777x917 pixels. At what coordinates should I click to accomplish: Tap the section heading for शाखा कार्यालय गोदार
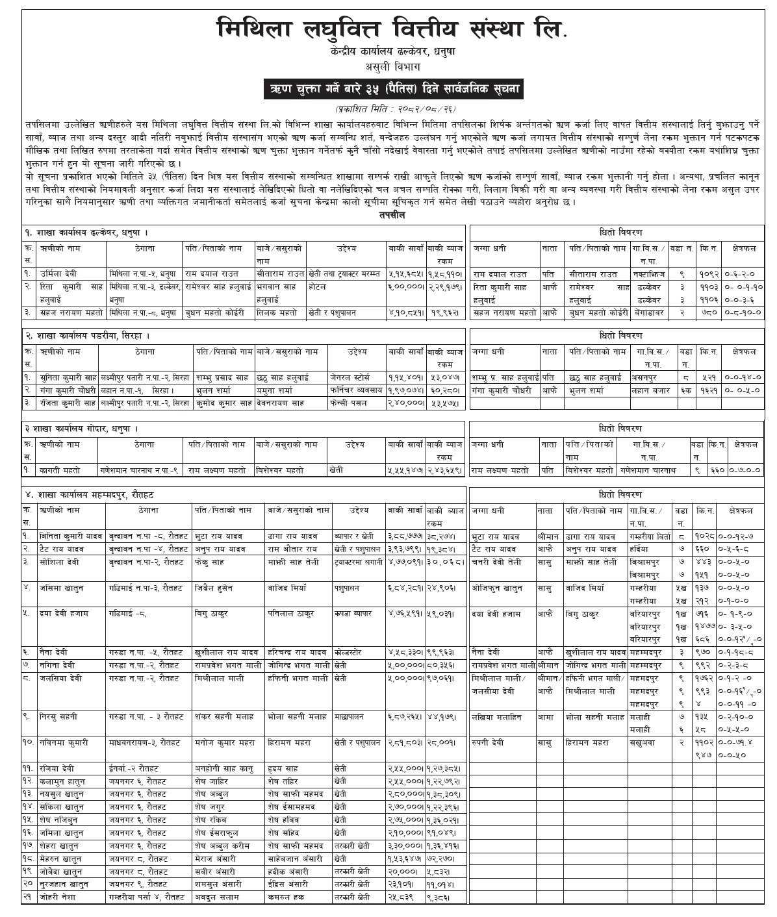pyautogui.click(x=81, y=429)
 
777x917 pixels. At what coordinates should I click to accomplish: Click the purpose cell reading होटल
pyautogui.click(x=319, y=286)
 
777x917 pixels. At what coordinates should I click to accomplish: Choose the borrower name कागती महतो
pyautogui.click(x=55, y=469)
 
